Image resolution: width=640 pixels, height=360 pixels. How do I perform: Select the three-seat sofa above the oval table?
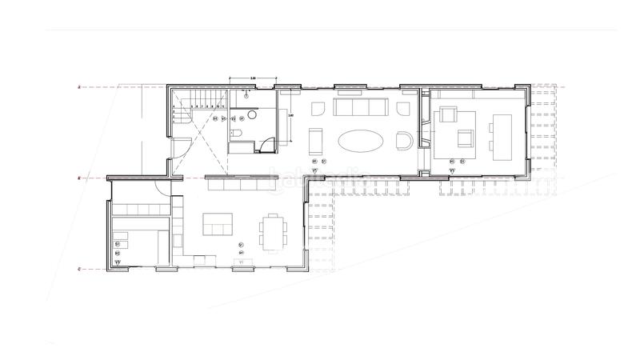pos(360,108)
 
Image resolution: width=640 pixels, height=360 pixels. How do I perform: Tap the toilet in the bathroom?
pos(237,134)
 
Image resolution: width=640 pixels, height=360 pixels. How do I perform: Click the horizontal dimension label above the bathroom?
pos(253,78)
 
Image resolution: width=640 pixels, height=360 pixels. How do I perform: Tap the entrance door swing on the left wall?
pos(182,149)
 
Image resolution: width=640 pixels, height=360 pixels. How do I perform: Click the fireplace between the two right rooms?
pos(425,127)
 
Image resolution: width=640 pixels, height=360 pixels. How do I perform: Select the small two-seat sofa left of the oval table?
pos(314,141)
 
